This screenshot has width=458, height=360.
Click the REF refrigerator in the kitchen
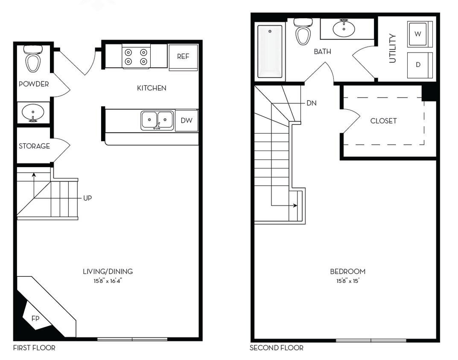(x=183, y=57)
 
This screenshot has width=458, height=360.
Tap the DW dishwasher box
(x=187, y=120)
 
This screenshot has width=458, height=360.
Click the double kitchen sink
(x=157, y=120)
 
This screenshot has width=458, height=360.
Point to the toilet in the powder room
(x=33, y=59)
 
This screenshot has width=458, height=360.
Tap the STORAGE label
(x=34, y=146)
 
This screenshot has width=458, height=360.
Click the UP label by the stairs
(x=88, y=198)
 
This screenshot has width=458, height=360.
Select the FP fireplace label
(x=35, y=318)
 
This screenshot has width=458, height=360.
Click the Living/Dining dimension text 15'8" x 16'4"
(x=108, y=280)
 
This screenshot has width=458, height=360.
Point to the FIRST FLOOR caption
(x=34, y=348)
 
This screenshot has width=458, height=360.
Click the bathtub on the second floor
(x=270, y=52)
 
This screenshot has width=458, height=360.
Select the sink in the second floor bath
(x=344, y=29)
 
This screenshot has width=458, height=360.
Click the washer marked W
(x=418, y=34)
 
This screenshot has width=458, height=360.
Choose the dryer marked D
(x=418, y=65)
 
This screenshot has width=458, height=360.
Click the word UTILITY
(x=393, y=49)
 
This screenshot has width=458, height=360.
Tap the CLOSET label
(x=383, y=121)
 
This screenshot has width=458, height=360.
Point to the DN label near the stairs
(x=312, y=103)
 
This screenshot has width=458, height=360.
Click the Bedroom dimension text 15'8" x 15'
(x=347, y=281)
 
